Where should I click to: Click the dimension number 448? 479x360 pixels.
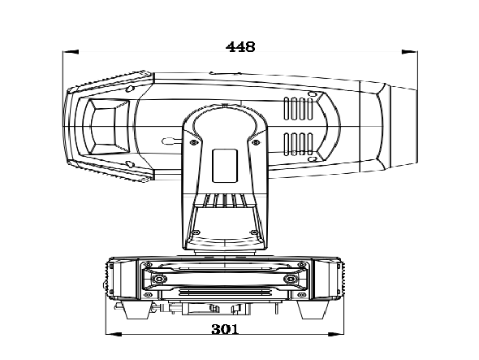[x=240, y=47]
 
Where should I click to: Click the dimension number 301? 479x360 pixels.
[x=225, y=329]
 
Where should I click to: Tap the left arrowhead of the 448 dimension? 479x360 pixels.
[x=71, y=52]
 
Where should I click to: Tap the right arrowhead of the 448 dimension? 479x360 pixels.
[x=409, y=52]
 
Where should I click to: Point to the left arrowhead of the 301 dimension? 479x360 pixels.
[x=114, y=334]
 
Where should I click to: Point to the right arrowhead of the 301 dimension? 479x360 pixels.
[x=336, y=334]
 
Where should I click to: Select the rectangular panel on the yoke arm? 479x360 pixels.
[x=225, y=166]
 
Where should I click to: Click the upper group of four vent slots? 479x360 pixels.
[x=299, y=109]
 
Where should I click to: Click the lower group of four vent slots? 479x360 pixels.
[x=299, y=144]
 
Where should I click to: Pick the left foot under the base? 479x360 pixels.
[x=136, y=310]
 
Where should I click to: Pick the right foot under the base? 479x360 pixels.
[x=313, y=310]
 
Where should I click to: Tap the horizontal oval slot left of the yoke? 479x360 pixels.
[x=168, y=141]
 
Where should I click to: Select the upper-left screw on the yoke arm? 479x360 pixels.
[x=193, y=142]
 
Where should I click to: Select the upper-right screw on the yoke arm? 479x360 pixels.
[x=256, y=142]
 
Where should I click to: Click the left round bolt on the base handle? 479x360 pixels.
[x=159, y=279]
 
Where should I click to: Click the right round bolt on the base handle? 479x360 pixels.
[x=291, y=279]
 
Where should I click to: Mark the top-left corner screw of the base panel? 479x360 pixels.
[x=149, y=264]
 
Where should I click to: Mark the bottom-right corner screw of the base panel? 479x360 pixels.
[x=301, y=294]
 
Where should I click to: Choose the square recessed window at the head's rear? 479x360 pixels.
[x=106, y=126]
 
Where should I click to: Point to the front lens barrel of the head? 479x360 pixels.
[x=403, y=127]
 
